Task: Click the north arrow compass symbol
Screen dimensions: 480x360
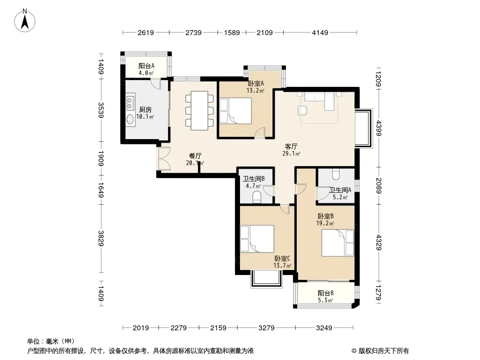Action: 25,20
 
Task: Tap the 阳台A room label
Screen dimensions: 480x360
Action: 146,66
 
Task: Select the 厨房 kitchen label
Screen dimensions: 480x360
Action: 145,109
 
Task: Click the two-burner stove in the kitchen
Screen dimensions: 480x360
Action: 130,103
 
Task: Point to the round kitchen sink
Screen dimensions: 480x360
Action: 130,119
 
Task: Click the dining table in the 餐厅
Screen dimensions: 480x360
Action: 199,110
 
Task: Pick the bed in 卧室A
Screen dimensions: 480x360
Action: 235,111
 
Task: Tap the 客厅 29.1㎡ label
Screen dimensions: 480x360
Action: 291,150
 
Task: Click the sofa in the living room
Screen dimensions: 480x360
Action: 319,99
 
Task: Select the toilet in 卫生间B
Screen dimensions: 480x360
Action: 257,197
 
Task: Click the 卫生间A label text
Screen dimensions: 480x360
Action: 340,190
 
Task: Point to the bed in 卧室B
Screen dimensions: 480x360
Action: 338,243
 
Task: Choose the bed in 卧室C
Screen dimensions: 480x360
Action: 257,239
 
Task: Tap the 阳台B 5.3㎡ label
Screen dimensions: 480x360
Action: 326,297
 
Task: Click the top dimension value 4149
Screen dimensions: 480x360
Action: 320,32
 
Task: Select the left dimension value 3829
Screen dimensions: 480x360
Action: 101,238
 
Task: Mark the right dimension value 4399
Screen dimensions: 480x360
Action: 379,128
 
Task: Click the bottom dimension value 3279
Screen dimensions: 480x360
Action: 266,328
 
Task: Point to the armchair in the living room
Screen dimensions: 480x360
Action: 303,110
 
